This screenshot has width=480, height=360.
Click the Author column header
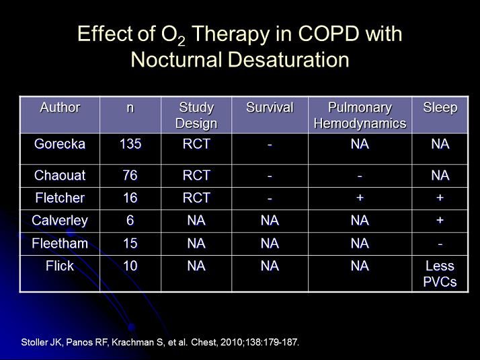(60, 108)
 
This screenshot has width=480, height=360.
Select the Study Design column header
(196, 115)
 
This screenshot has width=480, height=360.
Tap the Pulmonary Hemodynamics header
(360, 115)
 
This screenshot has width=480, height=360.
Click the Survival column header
(270, 108)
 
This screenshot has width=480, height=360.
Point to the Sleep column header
(440, 108)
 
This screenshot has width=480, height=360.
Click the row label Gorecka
(60, 144)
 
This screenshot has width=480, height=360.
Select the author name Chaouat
(60, 176)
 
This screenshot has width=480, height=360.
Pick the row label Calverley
(60, 221)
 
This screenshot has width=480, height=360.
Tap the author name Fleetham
(60, 244)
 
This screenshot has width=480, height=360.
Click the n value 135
(130, 144)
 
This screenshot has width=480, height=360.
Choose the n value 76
(130, 176)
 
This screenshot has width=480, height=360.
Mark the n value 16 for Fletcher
(130, 198)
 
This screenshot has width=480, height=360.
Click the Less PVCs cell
(440, 274)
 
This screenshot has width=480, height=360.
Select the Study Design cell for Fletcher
(196, 198)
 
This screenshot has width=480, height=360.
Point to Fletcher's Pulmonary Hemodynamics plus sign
(360, 198)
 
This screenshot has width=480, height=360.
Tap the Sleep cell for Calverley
(440, 221)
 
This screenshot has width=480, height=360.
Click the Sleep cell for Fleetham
(440, 244)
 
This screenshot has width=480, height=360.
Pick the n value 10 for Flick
(130, 266)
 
